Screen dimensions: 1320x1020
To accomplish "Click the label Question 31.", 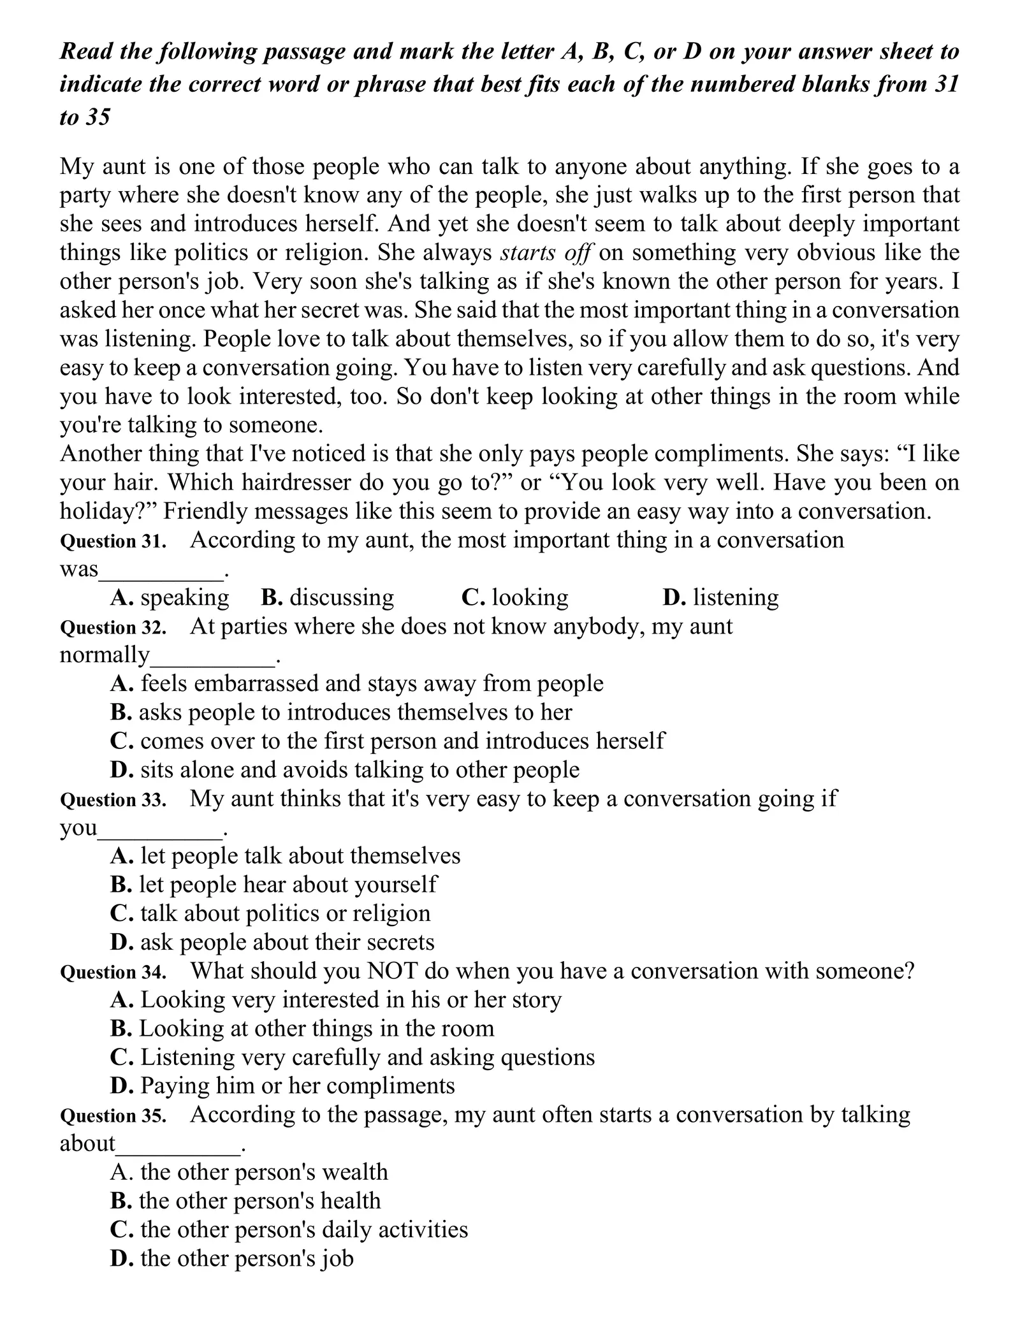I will tap(113, 542).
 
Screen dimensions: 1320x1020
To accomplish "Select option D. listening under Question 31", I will tap(720, 597).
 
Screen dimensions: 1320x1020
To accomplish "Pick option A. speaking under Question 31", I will tap(169, 597).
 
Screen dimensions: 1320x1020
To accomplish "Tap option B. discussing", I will tap(328, 597).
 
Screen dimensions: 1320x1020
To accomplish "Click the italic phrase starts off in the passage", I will tap(546, 253).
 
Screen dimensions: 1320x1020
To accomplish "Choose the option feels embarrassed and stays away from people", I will tap(356, 683).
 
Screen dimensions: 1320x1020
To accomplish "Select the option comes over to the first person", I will tap(387, 741).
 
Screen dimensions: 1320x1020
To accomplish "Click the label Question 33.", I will tap(113, 800).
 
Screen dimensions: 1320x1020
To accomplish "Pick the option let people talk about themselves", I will tap(285, 855).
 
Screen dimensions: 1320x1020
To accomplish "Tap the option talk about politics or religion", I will tap(270, 913).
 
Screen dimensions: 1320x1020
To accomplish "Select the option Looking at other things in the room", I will tap(302, 1028).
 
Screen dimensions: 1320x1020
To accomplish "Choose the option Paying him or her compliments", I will tap(282, 1085).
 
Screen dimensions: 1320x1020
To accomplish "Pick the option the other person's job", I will tap(232, 1258).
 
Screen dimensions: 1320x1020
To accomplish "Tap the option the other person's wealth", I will tap(249, 1172).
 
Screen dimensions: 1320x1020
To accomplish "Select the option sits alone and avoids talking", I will tap(345, 769).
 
